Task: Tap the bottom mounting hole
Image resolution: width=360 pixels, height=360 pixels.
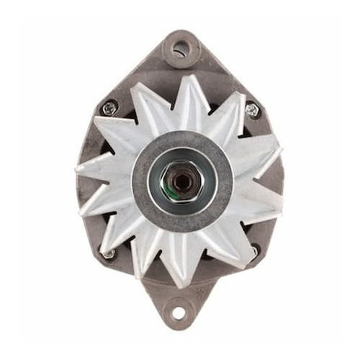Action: (179, 314)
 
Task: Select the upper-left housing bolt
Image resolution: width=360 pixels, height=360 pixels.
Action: (109, 108)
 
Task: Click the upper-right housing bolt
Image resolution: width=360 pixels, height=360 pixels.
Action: (251, 109)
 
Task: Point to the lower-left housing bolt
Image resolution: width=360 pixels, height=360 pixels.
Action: (109, 253)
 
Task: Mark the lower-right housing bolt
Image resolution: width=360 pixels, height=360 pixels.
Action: (253, 251)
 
